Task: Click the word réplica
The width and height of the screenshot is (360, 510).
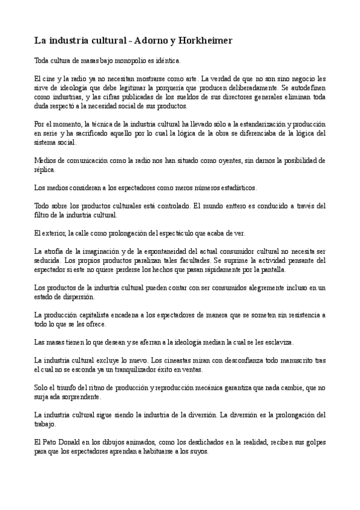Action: tap(44, 170)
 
